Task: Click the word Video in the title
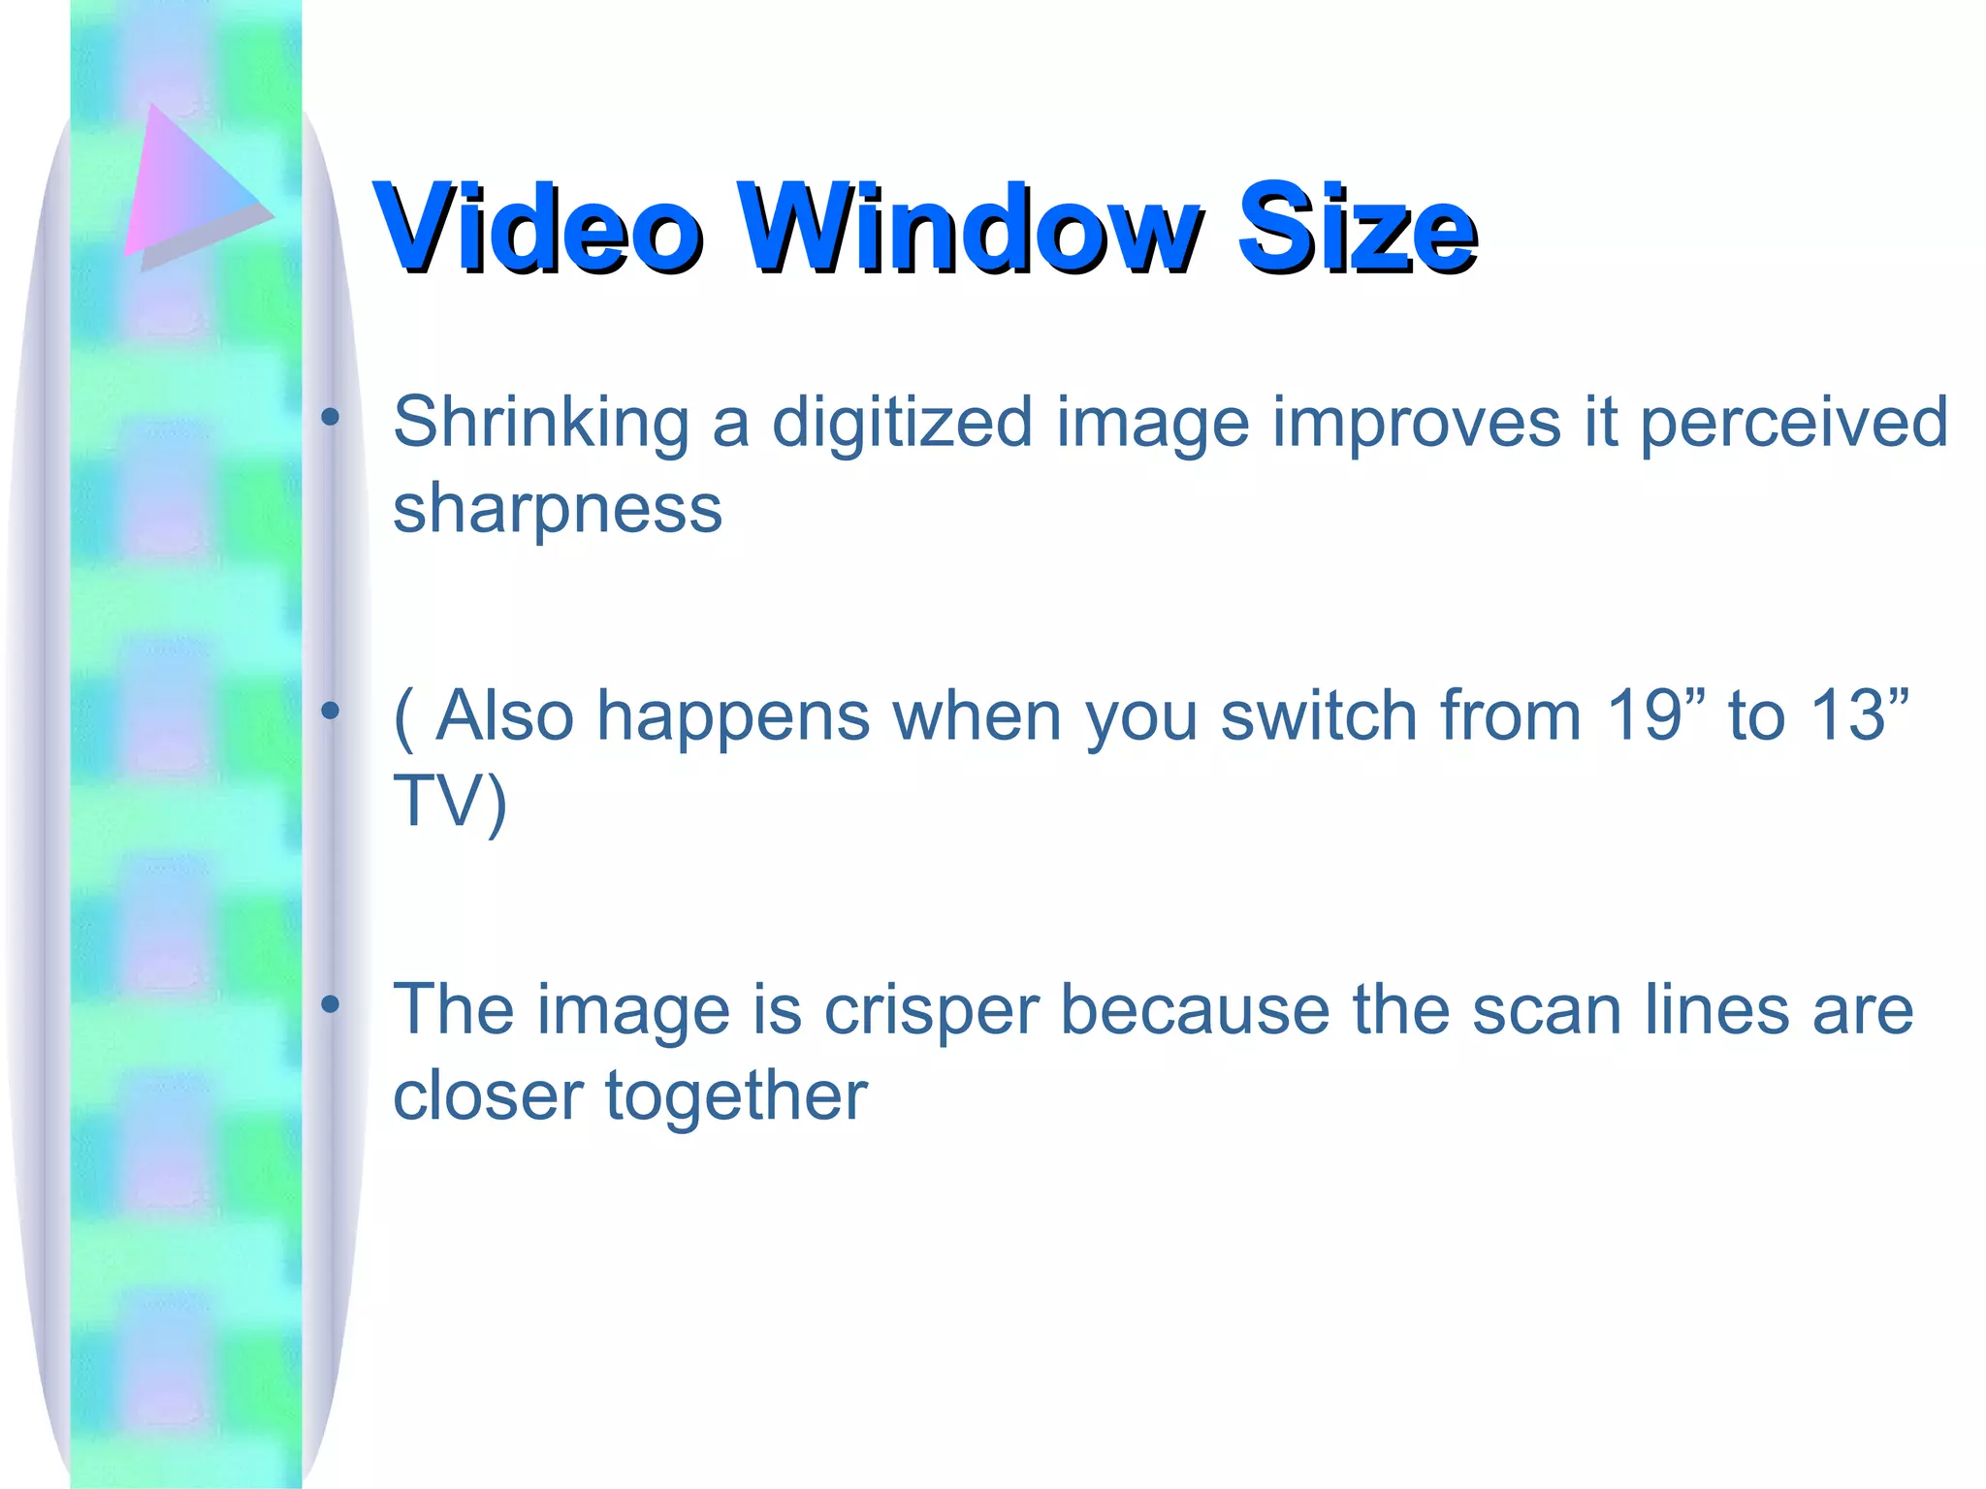point(538,228)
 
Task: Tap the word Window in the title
point(970,228)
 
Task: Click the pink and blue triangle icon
point(194,184)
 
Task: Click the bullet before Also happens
point(331,713)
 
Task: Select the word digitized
point(902,424)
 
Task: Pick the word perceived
point(1794,424)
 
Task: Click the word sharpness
point(558,508)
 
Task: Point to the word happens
point(733,717)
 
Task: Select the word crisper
point(931,1011)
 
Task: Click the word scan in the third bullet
point(1547,1011)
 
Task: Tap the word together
point(736,1097)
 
